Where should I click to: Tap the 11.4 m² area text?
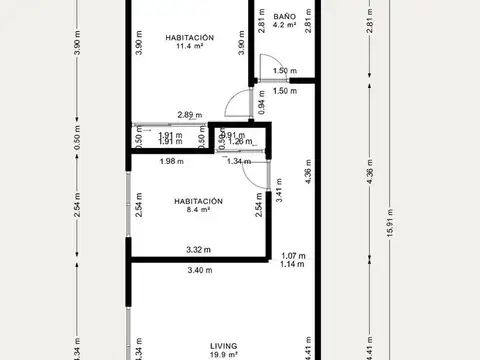click(190, 46)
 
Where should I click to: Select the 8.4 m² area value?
click(196, 210)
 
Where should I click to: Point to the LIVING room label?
click(224, 343)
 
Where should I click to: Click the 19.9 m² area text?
click(224, 354)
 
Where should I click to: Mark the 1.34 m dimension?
click(240, 162)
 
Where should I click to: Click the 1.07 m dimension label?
click(292, 255)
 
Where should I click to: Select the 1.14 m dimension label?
click(292, 265)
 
